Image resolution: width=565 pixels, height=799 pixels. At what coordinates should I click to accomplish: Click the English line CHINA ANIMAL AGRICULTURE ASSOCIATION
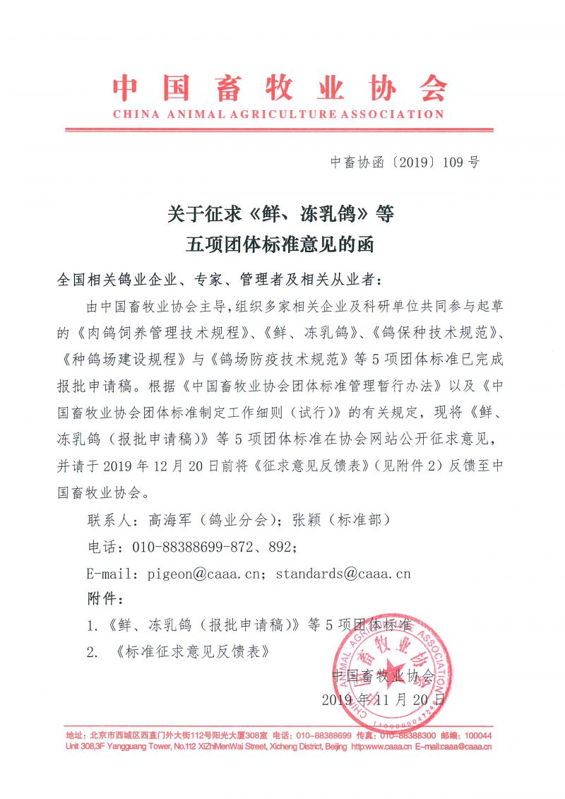tap(278, 114)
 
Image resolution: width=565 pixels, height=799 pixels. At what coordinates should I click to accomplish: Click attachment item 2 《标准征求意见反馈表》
tap(190, 651)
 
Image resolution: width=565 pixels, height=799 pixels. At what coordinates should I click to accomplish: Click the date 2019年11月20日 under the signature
tap(383, 701)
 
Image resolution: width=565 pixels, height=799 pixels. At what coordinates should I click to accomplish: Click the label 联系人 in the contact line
tap(108, 520)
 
